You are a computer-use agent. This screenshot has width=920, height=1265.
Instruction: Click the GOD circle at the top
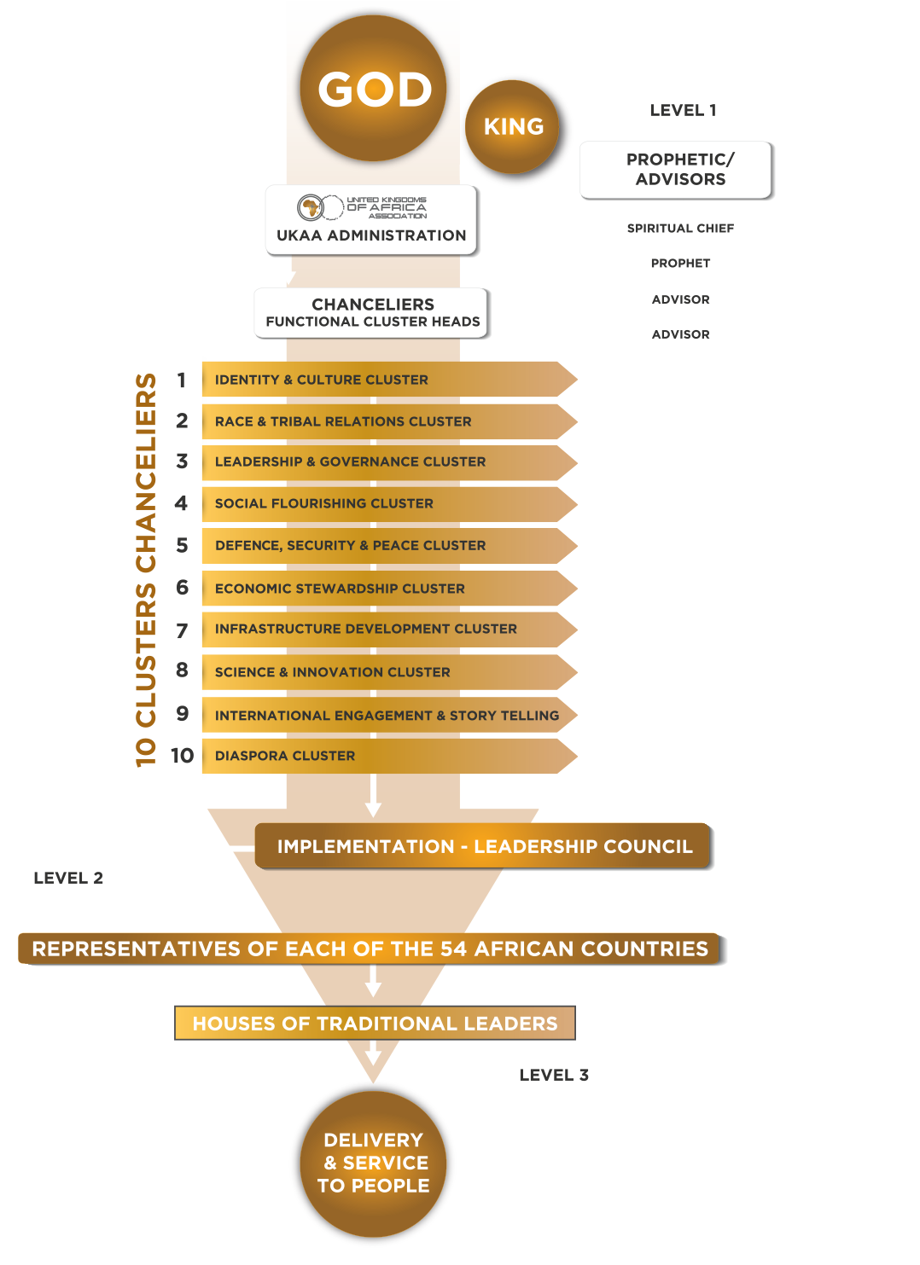pos(375,89)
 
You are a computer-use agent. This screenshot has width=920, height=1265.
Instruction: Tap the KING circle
pos(513,126)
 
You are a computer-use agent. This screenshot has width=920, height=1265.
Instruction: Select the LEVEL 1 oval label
pos(682,110)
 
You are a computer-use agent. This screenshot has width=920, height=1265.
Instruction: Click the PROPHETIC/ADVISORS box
pos(679,169)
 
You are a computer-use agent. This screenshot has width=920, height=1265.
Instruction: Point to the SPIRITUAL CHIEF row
pos(679,228)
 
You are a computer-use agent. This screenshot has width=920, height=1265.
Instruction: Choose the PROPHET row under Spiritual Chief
pos(679,263)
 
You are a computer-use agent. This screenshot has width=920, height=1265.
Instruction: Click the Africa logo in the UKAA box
pos(312,206)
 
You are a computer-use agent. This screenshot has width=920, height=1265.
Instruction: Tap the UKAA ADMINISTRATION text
pos(371,235)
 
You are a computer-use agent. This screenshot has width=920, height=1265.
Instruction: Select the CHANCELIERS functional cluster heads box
pos(372,312)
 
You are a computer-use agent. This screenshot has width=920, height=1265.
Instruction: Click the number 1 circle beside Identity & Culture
pos(181,380)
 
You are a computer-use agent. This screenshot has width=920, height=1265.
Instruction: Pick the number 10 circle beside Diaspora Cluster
pos(181,755)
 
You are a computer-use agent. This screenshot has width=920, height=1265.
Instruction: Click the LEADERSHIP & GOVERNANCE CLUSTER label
pos(350,461)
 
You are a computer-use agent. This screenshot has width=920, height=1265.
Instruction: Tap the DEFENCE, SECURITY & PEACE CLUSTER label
pos(350,545)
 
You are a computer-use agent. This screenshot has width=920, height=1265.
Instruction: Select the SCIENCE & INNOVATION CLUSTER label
pos(332,672)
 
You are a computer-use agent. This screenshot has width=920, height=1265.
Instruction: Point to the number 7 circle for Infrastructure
pos(181,630)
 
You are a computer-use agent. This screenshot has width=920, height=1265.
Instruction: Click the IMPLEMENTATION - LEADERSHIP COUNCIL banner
pos(484,846)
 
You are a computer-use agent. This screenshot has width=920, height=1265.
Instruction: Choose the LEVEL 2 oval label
pos(67,878)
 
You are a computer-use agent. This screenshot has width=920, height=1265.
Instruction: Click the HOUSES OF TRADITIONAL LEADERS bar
pos(375,1023)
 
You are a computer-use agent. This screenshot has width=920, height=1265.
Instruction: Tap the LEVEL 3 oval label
pos(553,1075)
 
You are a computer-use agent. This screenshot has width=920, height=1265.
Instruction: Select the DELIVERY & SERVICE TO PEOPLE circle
pos(373,1163)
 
